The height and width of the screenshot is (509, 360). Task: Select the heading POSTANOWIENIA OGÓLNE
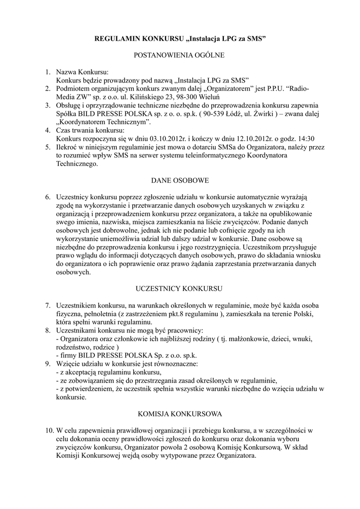(180, 55)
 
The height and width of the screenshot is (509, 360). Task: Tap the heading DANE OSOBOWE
(180, 179)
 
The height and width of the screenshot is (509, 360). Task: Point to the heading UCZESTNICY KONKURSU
(180, 288)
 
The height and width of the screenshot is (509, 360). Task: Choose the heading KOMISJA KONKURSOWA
(180, 413)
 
